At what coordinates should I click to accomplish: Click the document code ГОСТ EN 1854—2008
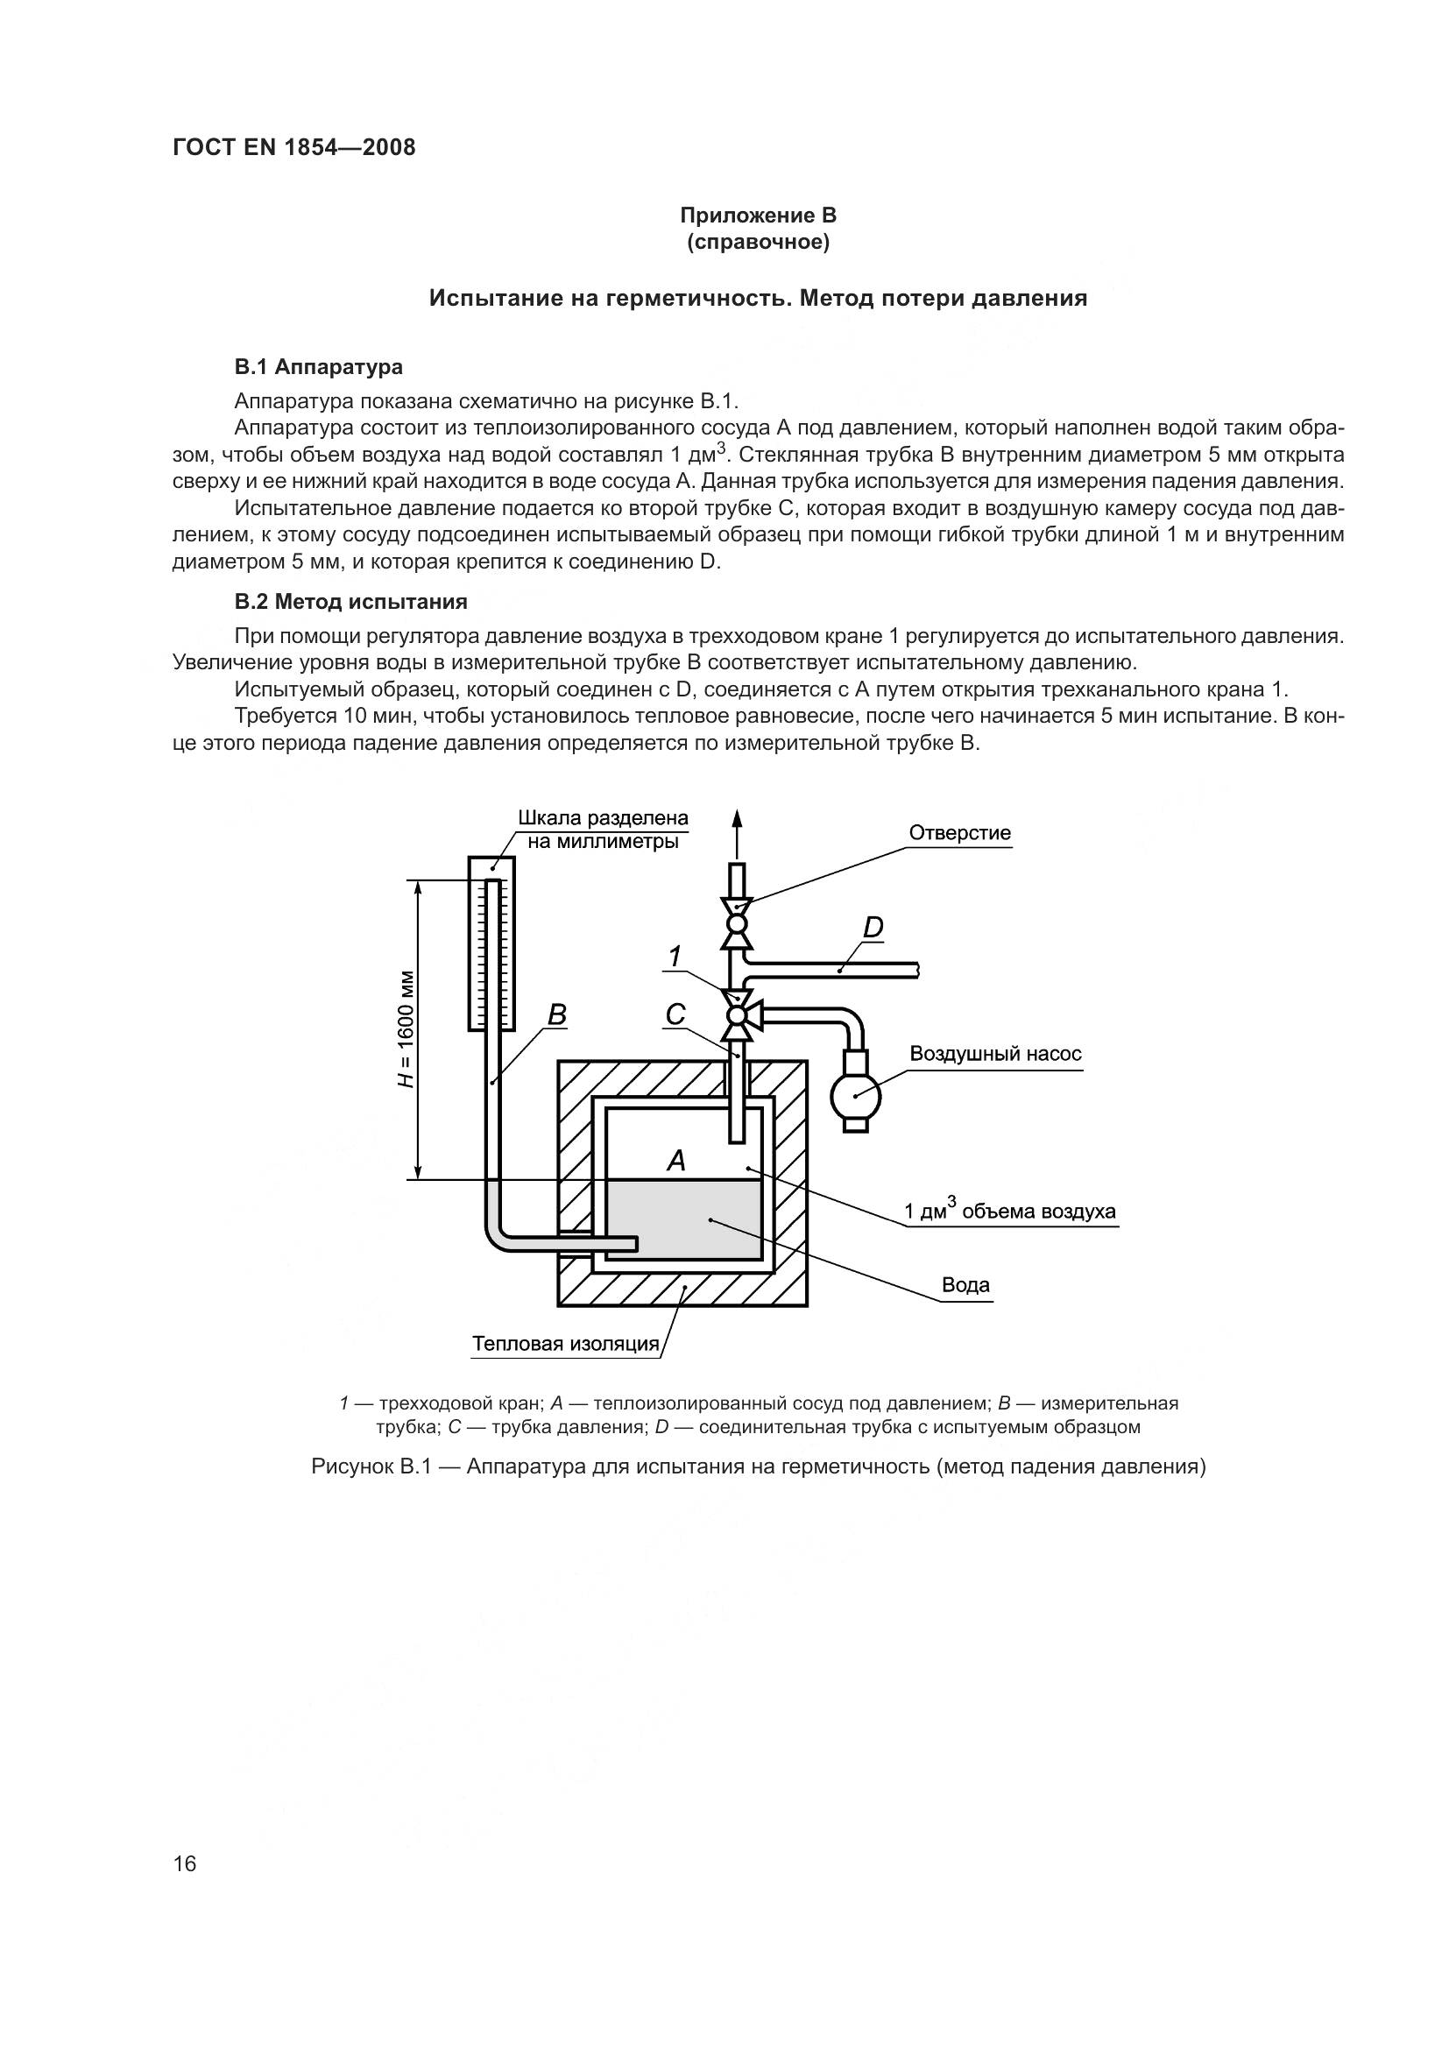(293, 148)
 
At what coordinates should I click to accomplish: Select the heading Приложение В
(758, 215)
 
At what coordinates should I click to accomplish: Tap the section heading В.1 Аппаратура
(319, 367)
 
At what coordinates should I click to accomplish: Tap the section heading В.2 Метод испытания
(350, 602)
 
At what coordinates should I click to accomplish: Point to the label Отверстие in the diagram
(959, 833)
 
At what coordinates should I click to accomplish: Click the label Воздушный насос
(995, 1054)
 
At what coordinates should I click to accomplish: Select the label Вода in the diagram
(965, 1285)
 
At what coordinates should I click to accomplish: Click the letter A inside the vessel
(677, 1161)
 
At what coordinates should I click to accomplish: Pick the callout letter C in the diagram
(675, 1014)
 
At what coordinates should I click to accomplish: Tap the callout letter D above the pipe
(873, 928)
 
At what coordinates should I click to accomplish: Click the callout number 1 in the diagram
(675, 957)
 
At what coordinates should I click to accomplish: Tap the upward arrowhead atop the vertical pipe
(737, 819)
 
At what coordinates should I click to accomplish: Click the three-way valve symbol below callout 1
(738, 1015)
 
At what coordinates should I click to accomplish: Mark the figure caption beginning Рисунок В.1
(759, 1466)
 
